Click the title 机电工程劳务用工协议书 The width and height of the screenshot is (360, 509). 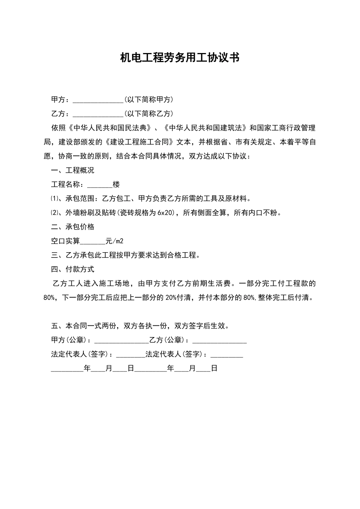point(180,58)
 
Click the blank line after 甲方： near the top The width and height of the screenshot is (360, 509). point(98,100)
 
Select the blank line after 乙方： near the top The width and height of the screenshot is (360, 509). point(98,114)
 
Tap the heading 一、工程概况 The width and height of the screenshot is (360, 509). point(73,170)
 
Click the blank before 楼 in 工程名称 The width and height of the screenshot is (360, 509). point(100,185)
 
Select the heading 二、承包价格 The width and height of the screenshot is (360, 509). point(73,227)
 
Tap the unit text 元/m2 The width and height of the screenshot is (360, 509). point(114,241)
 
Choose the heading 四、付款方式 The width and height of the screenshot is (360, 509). point(73,269)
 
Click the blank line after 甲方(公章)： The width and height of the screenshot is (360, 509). point(121,340)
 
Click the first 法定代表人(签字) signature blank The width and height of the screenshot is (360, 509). point(130,354)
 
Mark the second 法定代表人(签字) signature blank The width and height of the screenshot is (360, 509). point(227,354)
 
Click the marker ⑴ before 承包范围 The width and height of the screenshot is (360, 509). point(55,199)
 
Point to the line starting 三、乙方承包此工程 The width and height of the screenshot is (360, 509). point(125,255)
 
